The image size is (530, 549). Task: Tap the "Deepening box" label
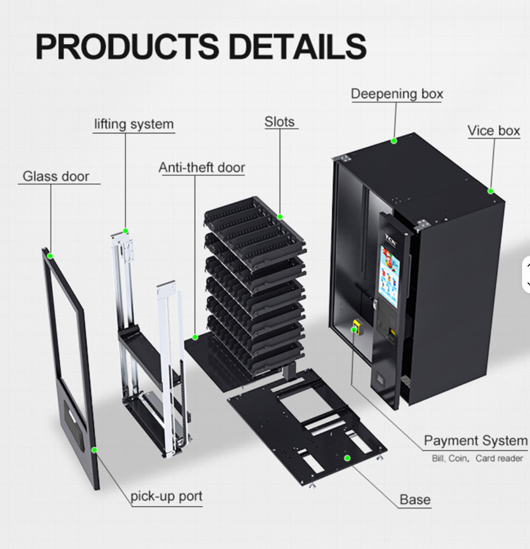tap(397, 94)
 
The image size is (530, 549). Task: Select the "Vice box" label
tap(494, 131)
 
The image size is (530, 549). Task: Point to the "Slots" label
tap(280, 122)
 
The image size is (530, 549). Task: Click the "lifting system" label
tap(134, 124)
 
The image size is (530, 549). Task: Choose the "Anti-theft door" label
tap(202, 168)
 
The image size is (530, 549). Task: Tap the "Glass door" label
tap(56, 176)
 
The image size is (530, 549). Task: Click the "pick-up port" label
tap(166, 496)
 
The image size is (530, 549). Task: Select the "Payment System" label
tap(475, 441)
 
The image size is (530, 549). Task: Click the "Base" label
tap(415, 500)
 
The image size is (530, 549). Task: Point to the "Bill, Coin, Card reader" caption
tap(477, 458)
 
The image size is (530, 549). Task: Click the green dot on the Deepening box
tap(394, 141)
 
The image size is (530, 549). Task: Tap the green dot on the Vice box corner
tap(491, 191)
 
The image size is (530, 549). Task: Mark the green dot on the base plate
tap(347, 458)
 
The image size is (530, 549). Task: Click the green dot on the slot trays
tap(280, 217)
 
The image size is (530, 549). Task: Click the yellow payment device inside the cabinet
tap(355, 328)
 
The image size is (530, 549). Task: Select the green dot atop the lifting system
tap(126, 231)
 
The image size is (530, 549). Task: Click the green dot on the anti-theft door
tap(195, 337)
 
